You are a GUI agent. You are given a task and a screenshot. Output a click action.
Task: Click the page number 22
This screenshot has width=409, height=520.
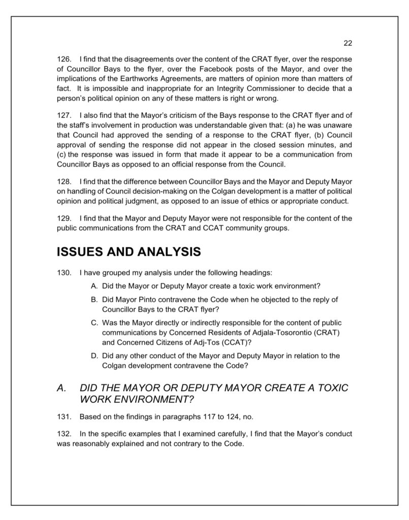348,43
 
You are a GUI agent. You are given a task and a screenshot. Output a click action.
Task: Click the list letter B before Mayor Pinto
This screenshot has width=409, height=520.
95,299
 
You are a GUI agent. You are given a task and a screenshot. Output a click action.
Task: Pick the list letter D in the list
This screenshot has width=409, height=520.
95,355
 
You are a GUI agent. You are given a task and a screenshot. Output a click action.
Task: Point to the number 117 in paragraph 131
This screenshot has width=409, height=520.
198,417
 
